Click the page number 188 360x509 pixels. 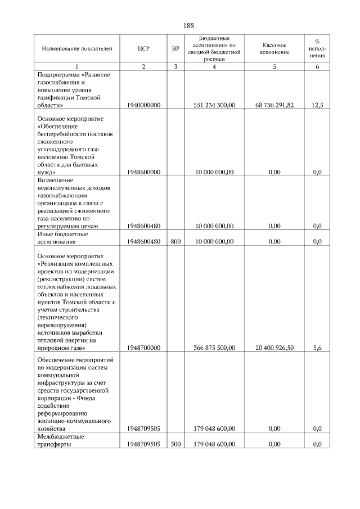pos(188,26)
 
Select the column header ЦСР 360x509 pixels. pos(143,48)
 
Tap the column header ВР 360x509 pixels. pos(175,48)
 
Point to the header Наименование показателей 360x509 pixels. pos(77,48)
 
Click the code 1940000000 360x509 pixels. pos(143,105)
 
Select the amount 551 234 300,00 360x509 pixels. pos(214,105)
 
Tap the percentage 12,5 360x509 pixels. pos(317,105)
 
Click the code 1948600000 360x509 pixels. pos(143,172)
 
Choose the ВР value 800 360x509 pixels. pos(175,242)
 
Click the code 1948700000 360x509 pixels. pos(143,348)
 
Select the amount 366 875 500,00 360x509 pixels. pos(214,348)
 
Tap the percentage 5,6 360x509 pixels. pos(317,348)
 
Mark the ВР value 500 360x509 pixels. pos(175,444)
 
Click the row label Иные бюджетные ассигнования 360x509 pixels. pos(66,238)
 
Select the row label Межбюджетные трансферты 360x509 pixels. pos(61,440)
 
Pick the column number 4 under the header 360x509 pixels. pos(214,67)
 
